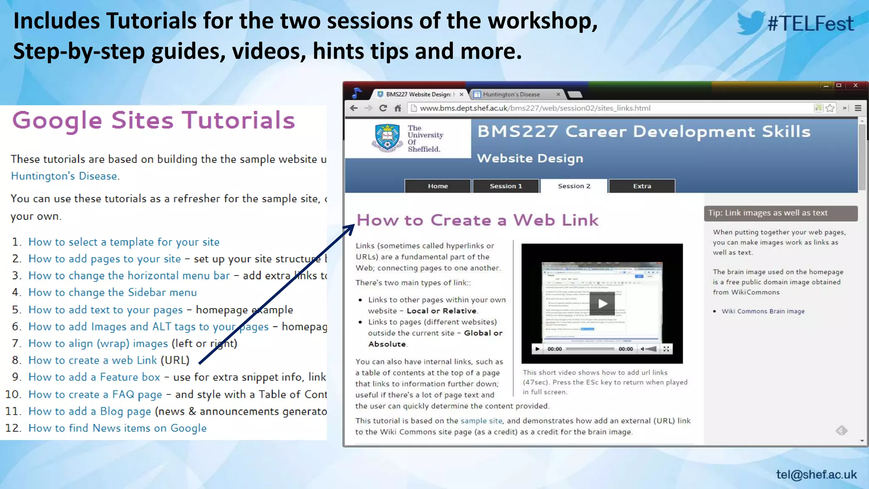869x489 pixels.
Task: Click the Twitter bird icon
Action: (750, 23)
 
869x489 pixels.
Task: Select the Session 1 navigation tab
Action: (506, 186)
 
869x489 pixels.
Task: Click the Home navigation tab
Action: (437, 186)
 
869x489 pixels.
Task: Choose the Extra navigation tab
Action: (642, 186)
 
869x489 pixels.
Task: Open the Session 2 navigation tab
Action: (574, 186)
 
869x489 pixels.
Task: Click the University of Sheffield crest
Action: (387, 138)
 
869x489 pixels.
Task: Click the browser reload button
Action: (383, 108)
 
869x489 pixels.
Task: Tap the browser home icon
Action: (398, 108)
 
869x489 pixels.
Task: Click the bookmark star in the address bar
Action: (830, 108)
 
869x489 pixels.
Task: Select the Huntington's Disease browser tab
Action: (511, 94)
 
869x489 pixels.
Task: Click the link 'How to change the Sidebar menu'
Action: (112, 292)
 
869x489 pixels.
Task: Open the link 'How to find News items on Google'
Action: (117, 428)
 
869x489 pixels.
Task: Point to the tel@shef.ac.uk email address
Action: (816, 474)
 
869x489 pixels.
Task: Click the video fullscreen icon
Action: (666, 349)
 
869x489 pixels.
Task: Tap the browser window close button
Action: (855, 86)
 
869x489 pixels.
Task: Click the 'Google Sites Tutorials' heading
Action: (154, 120)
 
